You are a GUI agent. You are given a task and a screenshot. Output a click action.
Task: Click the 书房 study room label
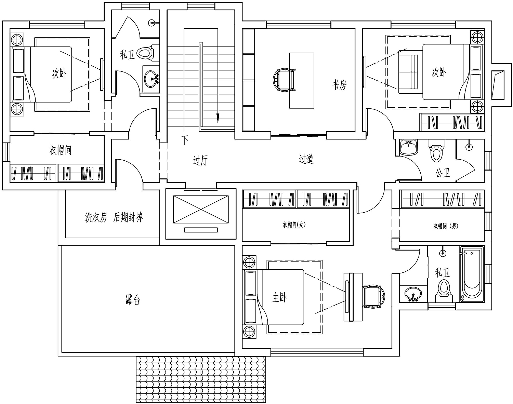pos(340,85)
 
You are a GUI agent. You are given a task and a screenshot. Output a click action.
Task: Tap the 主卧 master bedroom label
pos(279,297)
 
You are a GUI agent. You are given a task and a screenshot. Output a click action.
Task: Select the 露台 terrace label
pos(133,299)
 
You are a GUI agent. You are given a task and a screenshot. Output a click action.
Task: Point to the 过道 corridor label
pos(306,159)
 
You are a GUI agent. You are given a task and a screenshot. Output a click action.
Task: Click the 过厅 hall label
pos(200,160)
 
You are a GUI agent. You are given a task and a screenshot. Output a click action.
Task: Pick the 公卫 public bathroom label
pos(443,173)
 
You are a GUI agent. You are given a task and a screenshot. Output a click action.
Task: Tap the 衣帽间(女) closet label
pos(294,225)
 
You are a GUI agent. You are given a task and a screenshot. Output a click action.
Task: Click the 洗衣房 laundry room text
pos(96,217)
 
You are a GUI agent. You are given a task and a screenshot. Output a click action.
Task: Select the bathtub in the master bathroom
pos(472,274)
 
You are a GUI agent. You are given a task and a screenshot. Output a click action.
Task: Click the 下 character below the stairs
pos(185,140)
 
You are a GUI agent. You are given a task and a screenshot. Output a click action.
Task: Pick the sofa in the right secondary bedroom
pos(408,72)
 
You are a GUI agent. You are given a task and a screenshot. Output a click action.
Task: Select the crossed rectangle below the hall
pos(201,210)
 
